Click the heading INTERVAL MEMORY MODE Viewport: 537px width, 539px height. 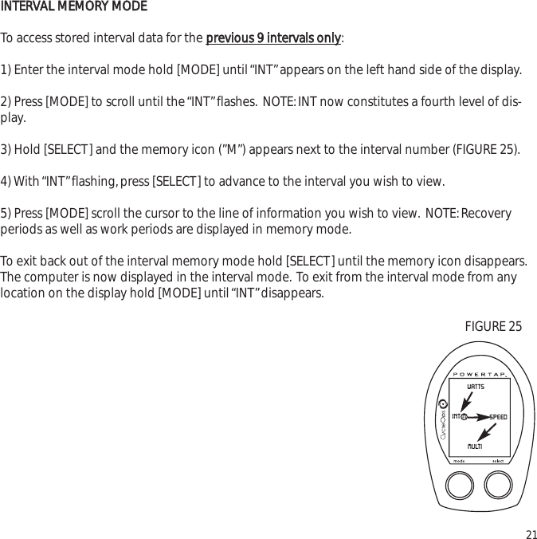(73, 7)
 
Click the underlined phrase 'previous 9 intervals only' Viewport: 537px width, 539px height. (273, 38)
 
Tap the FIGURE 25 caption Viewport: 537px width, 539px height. (493, 326)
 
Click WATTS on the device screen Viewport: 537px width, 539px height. (475, 387)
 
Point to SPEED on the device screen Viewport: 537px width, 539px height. (498, 417)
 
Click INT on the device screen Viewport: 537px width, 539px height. (457, 416)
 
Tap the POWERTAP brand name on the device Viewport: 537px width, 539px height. (480, 373)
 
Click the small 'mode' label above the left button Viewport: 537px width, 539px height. (459, 461)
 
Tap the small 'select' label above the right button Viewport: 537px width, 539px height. (497, 461)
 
